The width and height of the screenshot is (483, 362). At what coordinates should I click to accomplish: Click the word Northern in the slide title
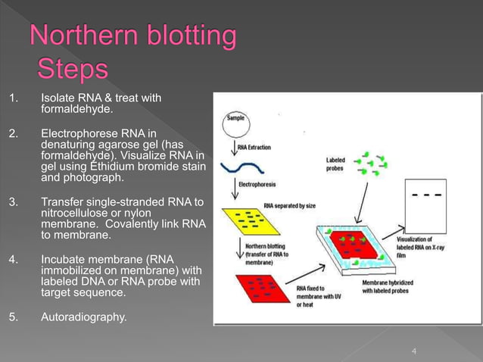click(x=86, y=36)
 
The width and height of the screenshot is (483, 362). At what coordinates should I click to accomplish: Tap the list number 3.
click(x=13, y=201)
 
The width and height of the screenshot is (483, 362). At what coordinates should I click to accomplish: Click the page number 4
click(x=414, y=351)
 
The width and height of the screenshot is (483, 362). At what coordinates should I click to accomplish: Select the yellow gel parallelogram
click(x=247, y=220)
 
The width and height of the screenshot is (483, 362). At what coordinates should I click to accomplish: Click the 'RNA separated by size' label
click(x=291, y=204)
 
